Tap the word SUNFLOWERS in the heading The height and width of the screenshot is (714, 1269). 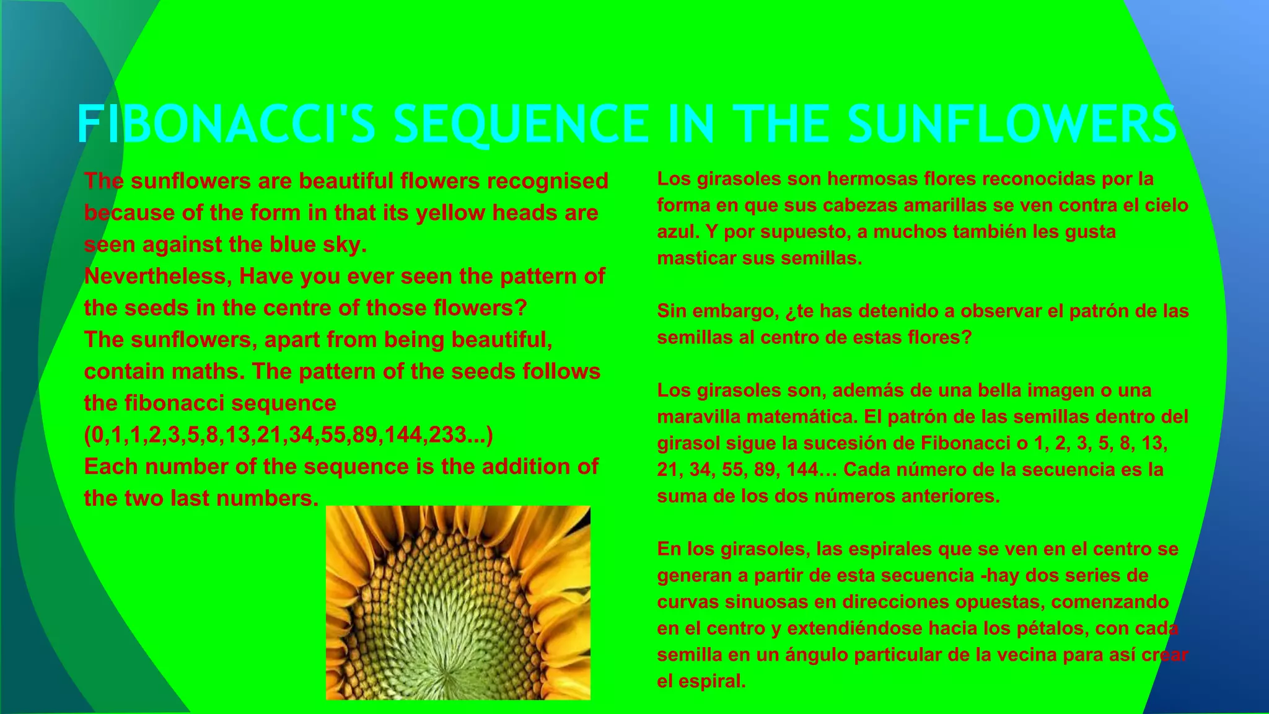pyautogui.click(x=1012, y=124)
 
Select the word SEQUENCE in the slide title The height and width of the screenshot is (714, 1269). pyautogui.click(x=521, y=124)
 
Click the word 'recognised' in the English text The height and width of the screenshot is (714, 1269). pyautogui.click(x=547, y=181)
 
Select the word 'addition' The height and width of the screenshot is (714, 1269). pyautogui.click(x=527, y=466)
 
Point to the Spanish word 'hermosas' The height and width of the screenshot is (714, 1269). pyautogui.click(x=872, y=178)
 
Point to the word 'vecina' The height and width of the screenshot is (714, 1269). pyautogui.click(x=1008, y=655)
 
